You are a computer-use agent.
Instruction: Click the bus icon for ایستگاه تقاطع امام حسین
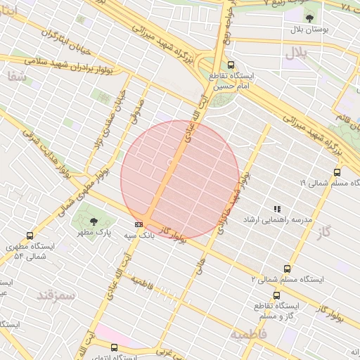231,65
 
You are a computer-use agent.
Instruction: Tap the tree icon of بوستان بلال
310,18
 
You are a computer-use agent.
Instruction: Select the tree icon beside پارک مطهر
94,221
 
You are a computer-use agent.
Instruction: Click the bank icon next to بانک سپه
139,224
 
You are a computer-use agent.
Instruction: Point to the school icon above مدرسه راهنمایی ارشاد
277,209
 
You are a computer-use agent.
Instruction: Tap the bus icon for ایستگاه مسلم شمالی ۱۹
337,172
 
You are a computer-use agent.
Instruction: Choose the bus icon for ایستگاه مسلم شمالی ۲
286,269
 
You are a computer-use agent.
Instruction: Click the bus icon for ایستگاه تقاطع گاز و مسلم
276,296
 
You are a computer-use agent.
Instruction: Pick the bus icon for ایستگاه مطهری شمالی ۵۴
29,236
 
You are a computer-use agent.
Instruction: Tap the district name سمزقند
56,295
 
